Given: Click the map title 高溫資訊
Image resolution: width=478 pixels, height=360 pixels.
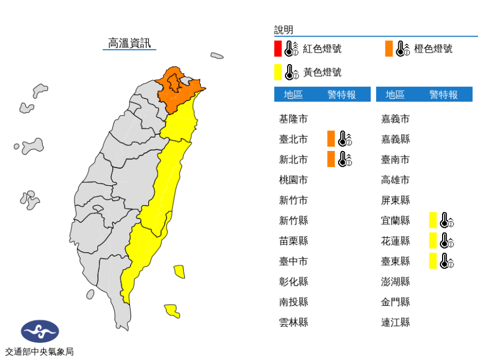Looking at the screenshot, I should (129, 43).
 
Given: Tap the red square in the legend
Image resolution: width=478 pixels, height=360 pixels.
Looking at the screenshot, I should (278, 49).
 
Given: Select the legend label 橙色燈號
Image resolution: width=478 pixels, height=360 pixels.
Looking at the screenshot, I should (433, 49).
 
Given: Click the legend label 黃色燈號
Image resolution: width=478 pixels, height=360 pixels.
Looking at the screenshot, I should (322, 72).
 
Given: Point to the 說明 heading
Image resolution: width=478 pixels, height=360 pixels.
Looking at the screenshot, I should (284, 30).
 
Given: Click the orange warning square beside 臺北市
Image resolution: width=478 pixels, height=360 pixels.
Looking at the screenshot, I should (331, 139).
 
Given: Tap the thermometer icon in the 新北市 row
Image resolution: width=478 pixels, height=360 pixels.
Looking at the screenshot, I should (345, 159).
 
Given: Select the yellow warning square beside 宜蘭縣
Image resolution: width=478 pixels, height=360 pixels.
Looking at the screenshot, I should (433, 220).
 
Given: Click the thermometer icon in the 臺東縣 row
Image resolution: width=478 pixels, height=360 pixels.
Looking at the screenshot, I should (446, 261).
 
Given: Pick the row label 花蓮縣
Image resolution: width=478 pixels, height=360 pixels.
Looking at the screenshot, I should (395, 241).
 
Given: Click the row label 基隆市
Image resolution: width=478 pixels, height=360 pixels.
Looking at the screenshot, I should (293, 118).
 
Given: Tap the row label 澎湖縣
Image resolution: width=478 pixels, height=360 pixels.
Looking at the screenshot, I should (395, 281).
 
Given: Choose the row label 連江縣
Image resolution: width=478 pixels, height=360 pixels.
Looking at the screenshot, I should (395, 322).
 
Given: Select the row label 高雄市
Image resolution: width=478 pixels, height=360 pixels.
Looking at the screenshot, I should (395, 180).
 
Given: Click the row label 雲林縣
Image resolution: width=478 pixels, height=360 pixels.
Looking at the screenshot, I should (293, 322).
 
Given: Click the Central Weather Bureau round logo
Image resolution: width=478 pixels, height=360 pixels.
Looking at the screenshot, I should (39, 331).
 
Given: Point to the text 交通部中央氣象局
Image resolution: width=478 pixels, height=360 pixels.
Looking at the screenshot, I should (39, 351).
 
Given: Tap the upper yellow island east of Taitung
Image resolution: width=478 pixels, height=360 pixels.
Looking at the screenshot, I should (179, 272).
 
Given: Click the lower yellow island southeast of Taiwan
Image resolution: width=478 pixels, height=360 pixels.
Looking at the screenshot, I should (172, 311).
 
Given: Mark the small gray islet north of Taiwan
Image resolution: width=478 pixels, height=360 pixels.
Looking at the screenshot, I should (217, 55).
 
